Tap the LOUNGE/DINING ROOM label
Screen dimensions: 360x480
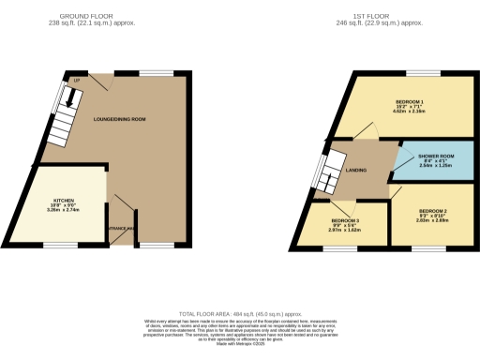coord(119,119)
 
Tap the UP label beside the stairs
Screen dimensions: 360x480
coord(74,81)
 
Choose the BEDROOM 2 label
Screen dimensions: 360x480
coord(432,211)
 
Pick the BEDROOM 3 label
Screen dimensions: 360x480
coord(346,221)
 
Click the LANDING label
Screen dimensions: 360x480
coord(355,171)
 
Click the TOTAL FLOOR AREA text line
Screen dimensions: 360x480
coord(240,314)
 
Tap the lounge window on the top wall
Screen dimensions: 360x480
coord(153,72)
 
